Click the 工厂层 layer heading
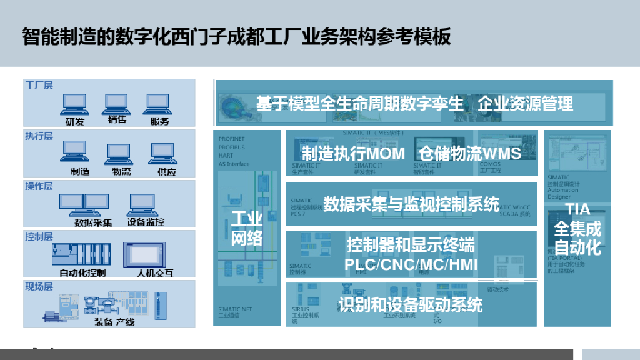click(39, 85)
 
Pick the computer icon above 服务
click(158, 102)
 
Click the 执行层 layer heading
click(39, 136)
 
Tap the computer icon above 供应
click(162, 152)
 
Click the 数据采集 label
click(93, 222)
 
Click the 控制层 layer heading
click(39, 236)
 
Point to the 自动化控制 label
click(82, 272)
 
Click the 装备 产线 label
click(114, 322)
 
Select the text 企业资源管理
click(525, 104)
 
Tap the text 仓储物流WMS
click(469, 153)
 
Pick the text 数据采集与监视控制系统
click(411, 204)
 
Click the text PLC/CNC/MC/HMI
click(411, 264)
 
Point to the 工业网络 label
click(247, 228)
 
